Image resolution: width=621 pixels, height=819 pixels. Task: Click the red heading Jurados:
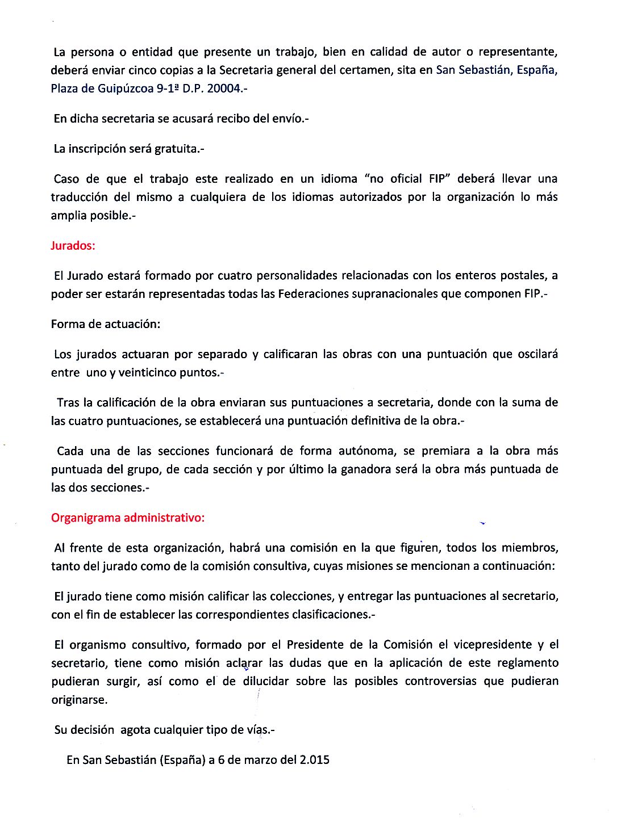click(x=73, y=246)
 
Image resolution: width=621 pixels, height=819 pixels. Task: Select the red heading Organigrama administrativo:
click(x=127, y=518)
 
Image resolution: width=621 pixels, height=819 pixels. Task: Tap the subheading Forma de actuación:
click(x=106, y=324)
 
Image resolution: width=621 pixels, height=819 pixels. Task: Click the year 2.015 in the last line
click(x=315, y=760)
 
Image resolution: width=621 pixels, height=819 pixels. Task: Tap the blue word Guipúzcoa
click(x=126, y=89)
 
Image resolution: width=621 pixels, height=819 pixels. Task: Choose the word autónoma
click(x=367, y=451)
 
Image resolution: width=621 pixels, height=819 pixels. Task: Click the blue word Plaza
click(x=65, y=89)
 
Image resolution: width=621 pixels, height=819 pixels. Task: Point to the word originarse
click(x=79, y=700)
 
